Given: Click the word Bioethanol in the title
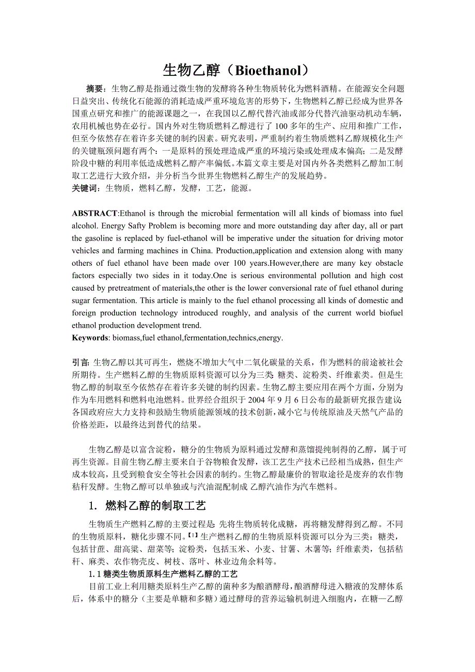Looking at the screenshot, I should tap(267, 70).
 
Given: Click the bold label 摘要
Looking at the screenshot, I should tap(96, 89).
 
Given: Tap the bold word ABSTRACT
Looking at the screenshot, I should tap(94, 213).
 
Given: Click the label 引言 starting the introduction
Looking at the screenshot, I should tap(81, 363).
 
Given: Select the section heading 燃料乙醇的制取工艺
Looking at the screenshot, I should tap(155, 505).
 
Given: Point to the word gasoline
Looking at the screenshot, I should tap(101, 238).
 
